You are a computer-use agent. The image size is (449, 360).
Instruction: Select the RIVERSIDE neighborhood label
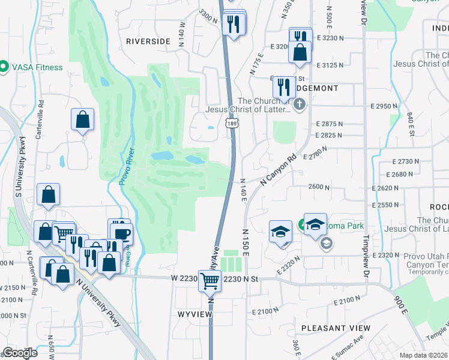(x=148, y=41)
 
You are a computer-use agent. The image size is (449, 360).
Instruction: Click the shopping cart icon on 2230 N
(x=209, y=280)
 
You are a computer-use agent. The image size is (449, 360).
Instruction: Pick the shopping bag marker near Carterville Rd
(x=82, y=119)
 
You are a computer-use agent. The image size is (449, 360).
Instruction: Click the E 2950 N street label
(x=384, y=106)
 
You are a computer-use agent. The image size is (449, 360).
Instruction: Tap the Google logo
(x=19, y=353)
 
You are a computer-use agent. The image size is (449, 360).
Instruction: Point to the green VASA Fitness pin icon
(x=4, y=67)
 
